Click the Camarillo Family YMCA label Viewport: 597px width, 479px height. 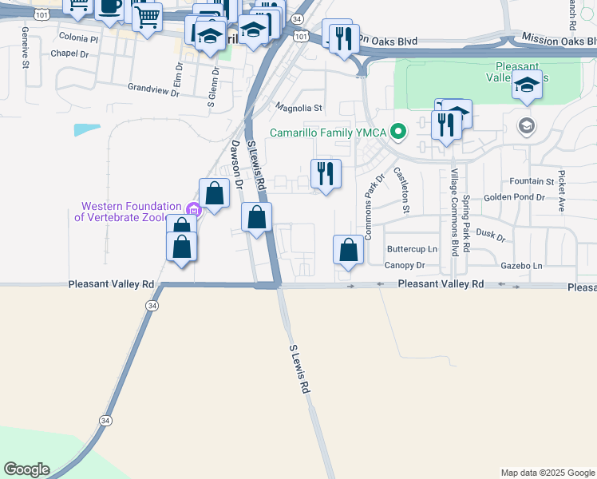328,133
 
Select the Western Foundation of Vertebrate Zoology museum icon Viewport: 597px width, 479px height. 192,209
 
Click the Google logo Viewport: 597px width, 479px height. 26,469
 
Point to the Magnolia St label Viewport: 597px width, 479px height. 298,107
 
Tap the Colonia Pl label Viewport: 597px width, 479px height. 78,38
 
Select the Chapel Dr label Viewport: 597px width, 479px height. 68,53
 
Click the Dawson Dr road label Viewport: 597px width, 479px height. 237,164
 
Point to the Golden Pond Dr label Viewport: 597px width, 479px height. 514,196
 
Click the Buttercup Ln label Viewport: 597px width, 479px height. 412,249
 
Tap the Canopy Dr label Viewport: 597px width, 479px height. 405,265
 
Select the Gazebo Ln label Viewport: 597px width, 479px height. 521,265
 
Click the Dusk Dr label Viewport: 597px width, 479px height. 490,236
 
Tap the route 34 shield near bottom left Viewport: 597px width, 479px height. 105,420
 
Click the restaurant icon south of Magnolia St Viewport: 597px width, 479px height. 325,174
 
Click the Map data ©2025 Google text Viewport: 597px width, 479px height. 547,473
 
